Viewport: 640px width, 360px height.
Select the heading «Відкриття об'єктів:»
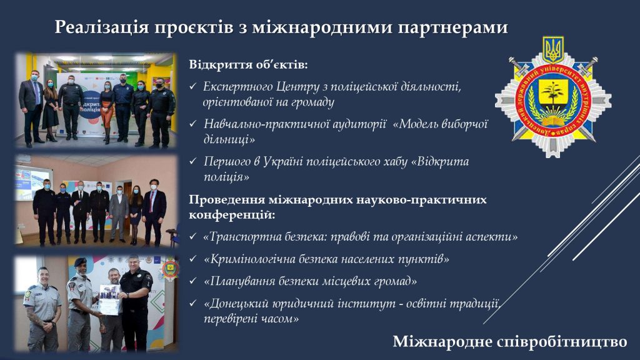248,64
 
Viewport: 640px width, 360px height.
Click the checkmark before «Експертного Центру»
193,86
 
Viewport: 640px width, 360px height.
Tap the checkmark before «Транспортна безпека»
193,237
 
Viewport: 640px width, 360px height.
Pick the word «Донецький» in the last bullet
236,303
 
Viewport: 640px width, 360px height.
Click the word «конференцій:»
232,215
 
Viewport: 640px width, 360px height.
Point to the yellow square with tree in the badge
554,93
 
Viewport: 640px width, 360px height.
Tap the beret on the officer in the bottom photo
81,262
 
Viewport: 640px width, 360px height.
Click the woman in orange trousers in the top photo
107,112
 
